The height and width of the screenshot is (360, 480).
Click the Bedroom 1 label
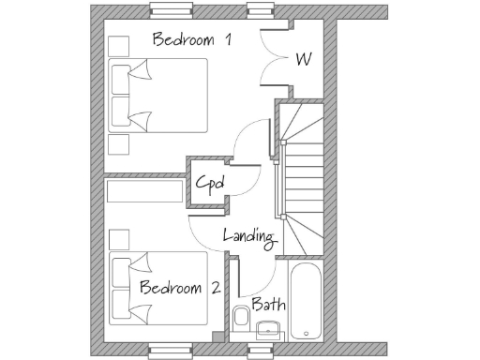(192, 40)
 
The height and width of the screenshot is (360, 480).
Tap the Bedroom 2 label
(180, 288)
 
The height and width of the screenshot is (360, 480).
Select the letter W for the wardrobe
(303, 59)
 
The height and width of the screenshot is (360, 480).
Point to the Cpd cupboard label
(208, 183)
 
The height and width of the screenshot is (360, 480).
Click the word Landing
(248, 236)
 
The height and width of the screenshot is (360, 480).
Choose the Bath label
(268, 306)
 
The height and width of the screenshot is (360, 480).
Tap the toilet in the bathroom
(240, 316)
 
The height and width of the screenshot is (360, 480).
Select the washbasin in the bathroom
(269, 327)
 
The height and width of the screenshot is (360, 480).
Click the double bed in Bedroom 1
(157, 97)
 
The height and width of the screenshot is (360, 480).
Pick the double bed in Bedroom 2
(157, 287)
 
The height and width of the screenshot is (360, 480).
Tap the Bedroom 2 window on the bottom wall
(172, 351)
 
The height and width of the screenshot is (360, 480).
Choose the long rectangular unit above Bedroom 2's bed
(144, 190)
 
